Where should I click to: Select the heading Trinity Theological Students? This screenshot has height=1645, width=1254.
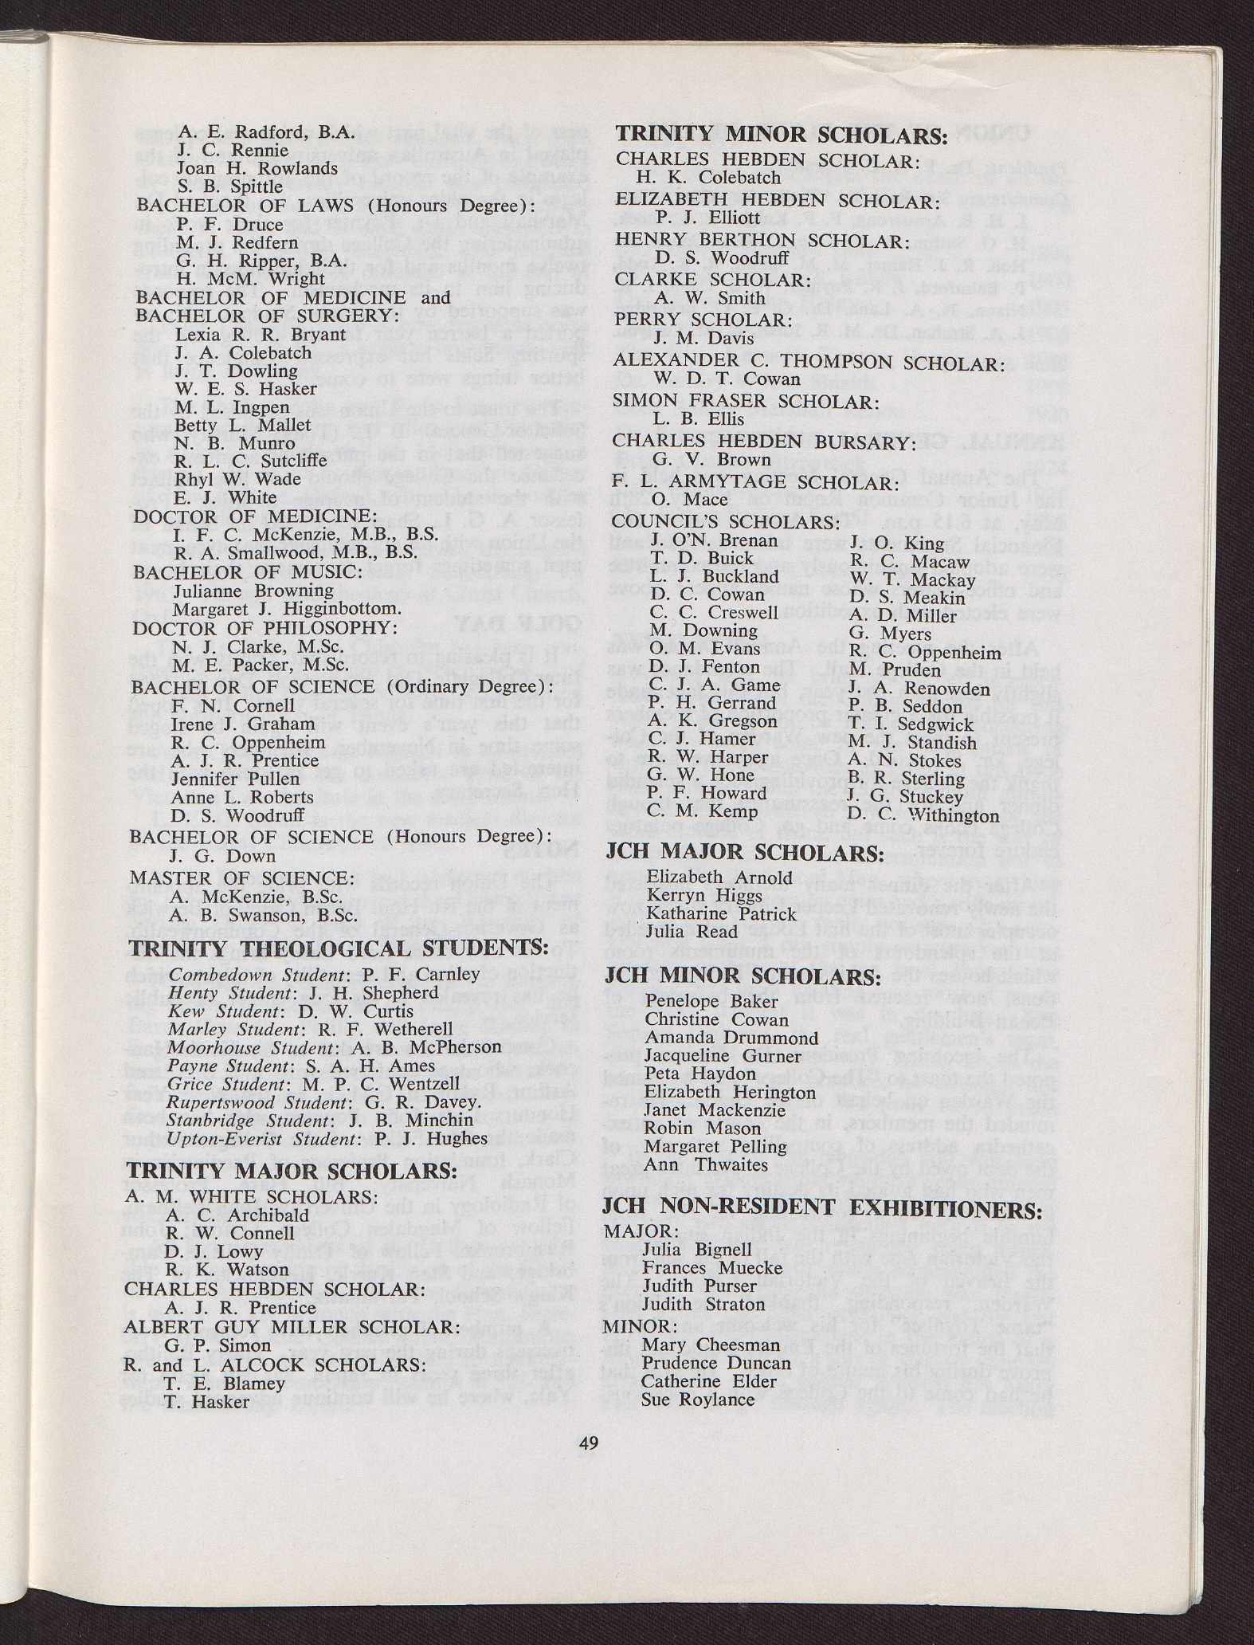tap(339, 948)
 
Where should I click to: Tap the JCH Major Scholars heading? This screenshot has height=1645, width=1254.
tap(745, 852)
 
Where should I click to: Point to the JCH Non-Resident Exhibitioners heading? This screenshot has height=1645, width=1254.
tap(821, 1208)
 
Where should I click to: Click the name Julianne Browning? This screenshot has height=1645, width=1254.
tap(253, 591)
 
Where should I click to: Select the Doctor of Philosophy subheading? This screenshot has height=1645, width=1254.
tap(265, 628)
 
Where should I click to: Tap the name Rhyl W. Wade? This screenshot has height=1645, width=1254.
tap(237, 479)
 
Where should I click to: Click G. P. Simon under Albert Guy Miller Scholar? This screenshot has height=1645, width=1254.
tap(217, 1345)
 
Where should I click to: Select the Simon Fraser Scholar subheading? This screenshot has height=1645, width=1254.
tap(746, 401)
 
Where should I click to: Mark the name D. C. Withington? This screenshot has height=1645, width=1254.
tap(923, 815)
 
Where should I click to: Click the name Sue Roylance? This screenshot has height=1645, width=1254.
tap(697, 1400)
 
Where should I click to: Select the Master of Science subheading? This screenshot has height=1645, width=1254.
tap(242, 877)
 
